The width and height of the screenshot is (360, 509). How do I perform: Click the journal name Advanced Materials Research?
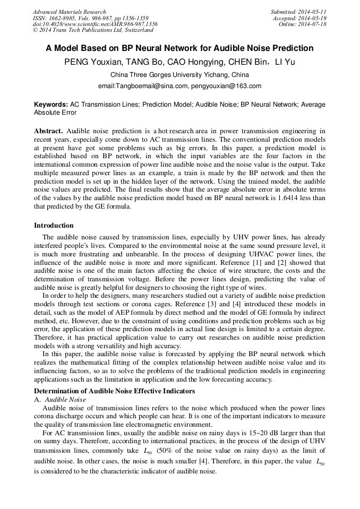(69, 12)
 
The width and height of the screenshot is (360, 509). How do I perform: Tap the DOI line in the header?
(95, 24)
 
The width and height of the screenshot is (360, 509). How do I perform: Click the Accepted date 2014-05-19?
(312, 18)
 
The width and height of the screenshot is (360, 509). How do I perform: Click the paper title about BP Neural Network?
(179, 48)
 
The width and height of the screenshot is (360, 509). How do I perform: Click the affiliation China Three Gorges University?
(179, 75)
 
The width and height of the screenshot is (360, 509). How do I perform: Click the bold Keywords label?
(51, 105)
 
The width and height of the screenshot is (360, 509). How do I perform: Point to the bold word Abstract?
(48, 131)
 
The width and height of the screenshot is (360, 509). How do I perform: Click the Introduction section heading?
(54, 226)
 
